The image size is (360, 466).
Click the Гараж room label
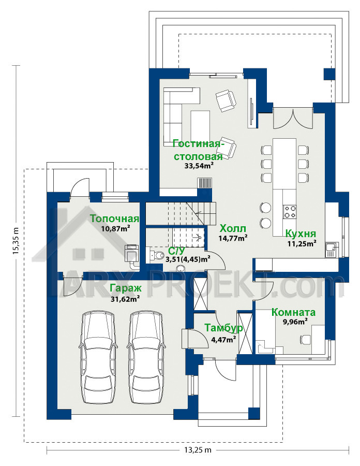click(126, 288)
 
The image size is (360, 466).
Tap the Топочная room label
click(114, 219)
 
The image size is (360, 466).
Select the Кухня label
click(301, 234)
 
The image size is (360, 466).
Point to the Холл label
click(233, 228)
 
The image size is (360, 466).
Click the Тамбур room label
click(223, 328)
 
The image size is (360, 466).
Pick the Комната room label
click(293, 312)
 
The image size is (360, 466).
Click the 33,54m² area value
click(200, 166)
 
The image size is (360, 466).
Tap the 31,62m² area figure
click(126, 299)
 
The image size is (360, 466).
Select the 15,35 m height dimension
click(16, 241)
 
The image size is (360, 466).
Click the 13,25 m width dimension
click(198, 450)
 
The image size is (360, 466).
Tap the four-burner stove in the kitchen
click(290, 212)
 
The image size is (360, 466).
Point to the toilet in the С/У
click(158, 255)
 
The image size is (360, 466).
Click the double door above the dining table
click(293, 119)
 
